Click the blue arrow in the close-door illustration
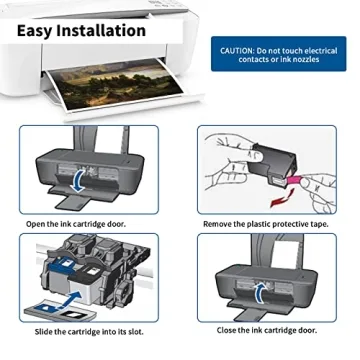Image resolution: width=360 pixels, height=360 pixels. click(262, 290)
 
